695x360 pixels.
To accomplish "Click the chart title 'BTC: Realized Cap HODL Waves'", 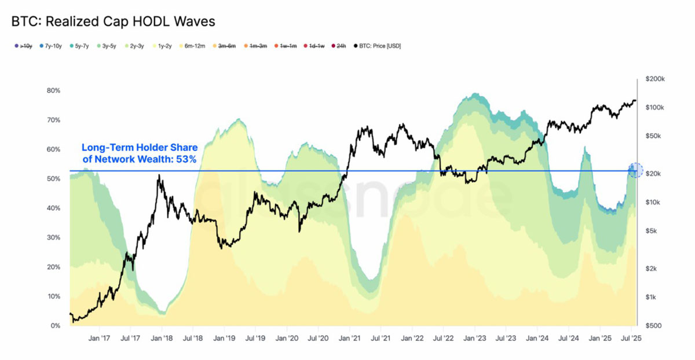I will pyautogui.click(x=114, y=22).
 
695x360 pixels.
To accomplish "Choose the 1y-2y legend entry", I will pyautogui.click(x=162, y=46).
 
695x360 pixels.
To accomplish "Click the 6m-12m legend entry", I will pyautogui.click(x=191, y=46).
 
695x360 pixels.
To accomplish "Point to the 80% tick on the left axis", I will pyautogui.click(x=53, y=91).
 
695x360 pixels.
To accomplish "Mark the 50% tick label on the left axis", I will pyautogui.click(x=53, y=179).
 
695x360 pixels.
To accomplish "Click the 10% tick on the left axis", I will pyautogui.click(x=53, y=296).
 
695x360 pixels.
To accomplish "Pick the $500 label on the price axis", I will pyautogui.click(x=653, y=326).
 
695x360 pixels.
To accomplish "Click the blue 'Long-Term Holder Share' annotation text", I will pyautogui.click(x=139, y=152).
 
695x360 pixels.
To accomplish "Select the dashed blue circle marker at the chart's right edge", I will pyautogui.click(x=635, y=170).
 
